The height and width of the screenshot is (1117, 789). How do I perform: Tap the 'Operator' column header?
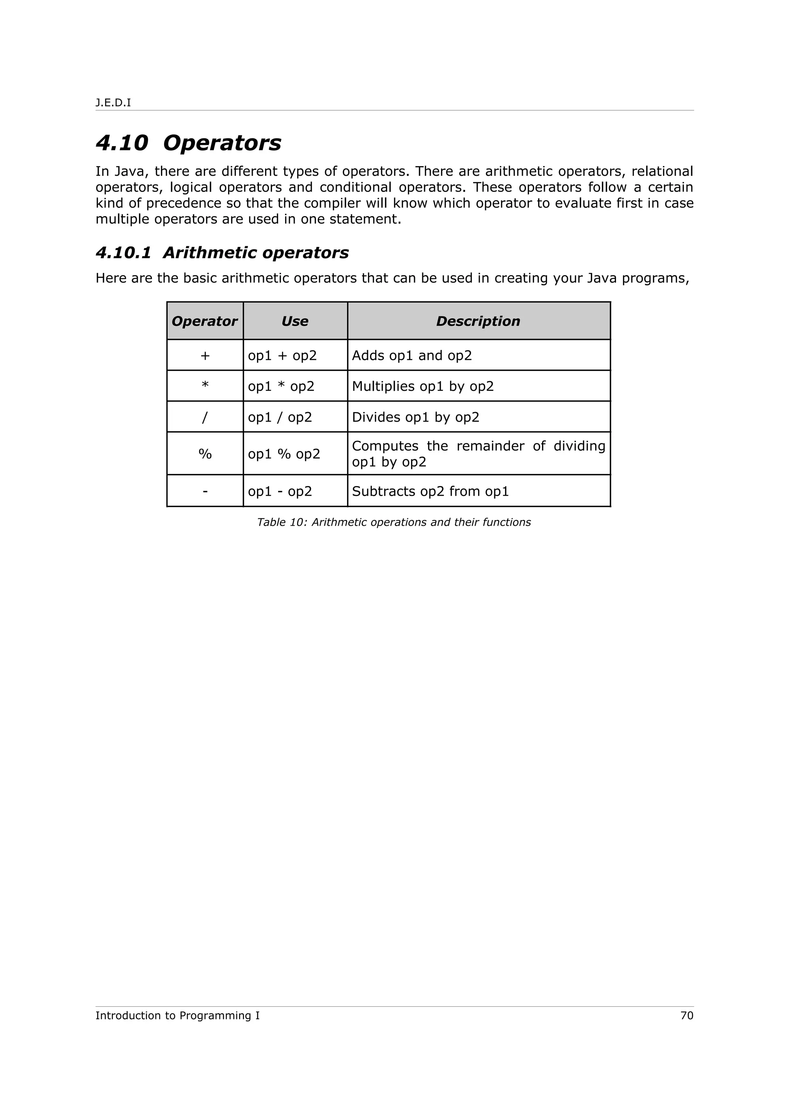[x=205, y=321]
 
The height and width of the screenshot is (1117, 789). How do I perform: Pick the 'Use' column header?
[x=295, y=321]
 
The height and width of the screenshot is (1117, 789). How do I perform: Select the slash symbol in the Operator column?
[x=205, y=417]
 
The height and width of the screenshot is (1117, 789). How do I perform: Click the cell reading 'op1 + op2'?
[x=282, y=356]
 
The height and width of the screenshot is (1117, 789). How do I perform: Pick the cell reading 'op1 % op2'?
[x=284, y=454]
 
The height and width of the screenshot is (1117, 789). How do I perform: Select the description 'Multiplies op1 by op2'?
[x=423, y=386]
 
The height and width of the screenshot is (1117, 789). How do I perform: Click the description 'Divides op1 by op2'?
[x=415, y=417]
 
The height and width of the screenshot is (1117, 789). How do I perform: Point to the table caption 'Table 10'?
[x=393, y=523]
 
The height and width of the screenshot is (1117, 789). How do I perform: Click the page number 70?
[x=687, y=1016]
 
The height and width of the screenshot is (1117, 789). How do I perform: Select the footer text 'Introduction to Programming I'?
[x=178, y=1016]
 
